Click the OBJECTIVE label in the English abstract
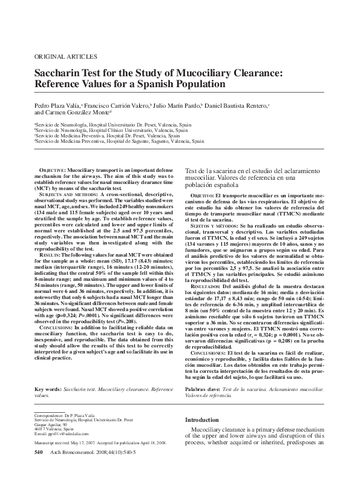pyautogui.click(x=53, y=171)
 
